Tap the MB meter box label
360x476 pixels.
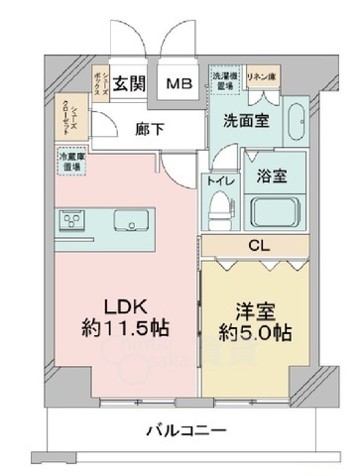click(x=179, y=85)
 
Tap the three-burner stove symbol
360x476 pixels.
click(x=72, y=220)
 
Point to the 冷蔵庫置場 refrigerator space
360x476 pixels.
click(x=69, y=161)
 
